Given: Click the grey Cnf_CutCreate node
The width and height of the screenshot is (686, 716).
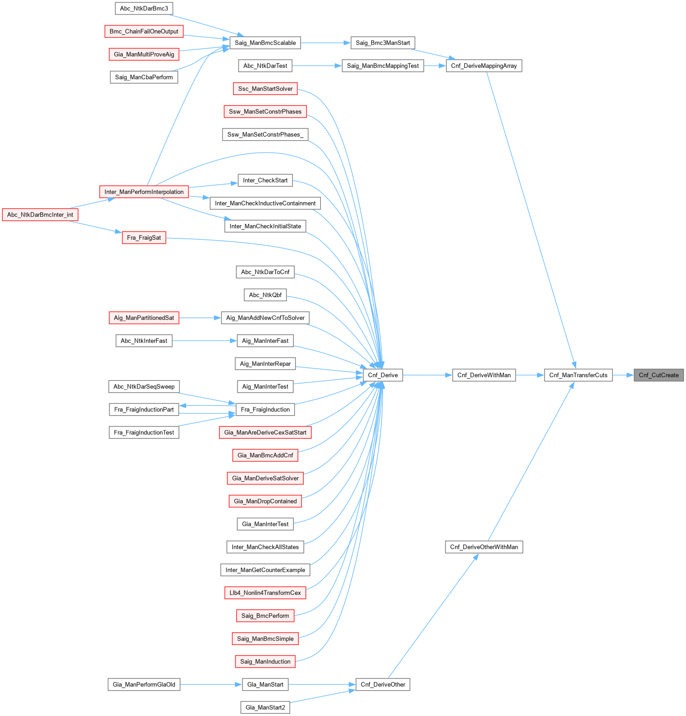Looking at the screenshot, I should coord(658,375).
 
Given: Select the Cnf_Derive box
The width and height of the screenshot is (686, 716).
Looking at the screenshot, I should coord(383,375).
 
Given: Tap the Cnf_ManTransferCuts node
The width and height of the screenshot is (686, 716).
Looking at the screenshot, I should coord(578,375).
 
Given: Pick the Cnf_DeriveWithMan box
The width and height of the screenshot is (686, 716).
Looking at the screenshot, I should coord(484,375).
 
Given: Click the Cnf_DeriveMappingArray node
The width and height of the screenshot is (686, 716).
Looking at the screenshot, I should coord(484,66).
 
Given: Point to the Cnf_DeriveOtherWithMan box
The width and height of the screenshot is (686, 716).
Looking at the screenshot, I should coord(484,547).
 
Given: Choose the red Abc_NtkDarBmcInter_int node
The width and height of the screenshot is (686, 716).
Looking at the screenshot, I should coord(40,214).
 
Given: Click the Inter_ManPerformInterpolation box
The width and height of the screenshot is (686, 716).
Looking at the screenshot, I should coord(144,192).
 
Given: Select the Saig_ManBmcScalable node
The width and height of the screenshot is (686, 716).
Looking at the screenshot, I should coord(265,43).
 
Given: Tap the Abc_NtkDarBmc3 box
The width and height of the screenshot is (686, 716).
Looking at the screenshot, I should coord(144,8).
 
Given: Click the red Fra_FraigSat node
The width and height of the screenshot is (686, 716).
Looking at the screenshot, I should coord(144,237).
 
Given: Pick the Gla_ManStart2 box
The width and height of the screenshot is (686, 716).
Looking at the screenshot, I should coord(265,707).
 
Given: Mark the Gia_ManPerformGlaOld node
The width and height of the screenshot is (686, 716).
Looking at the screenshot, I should coord(144,684).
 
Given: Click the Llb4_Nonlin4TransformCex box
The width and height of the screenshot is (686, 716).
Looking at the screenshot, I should coord(265,593).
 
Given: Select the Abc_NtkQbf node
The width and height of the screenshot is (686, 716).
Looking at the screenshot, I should coord(265,295).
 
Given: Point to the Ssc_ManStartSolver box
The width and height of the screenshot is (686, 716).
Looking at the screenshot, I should coord(265,89).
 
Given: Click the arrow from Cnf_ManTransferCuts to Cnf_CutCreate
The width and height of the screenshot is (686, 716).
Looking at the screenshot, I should coord(623,375).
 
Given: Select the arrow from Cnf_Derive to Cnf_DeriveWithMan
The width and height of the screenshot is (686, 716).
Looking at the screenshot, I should coord(427,375).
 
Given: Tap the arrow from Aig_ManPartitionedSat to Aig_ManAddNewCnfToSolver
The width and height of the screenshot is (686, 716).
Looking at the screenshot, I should coord(200,318).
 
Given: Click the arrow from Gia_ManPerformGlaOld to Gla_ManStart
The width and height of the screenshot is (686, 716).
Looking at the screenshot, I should coord(211,684).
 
